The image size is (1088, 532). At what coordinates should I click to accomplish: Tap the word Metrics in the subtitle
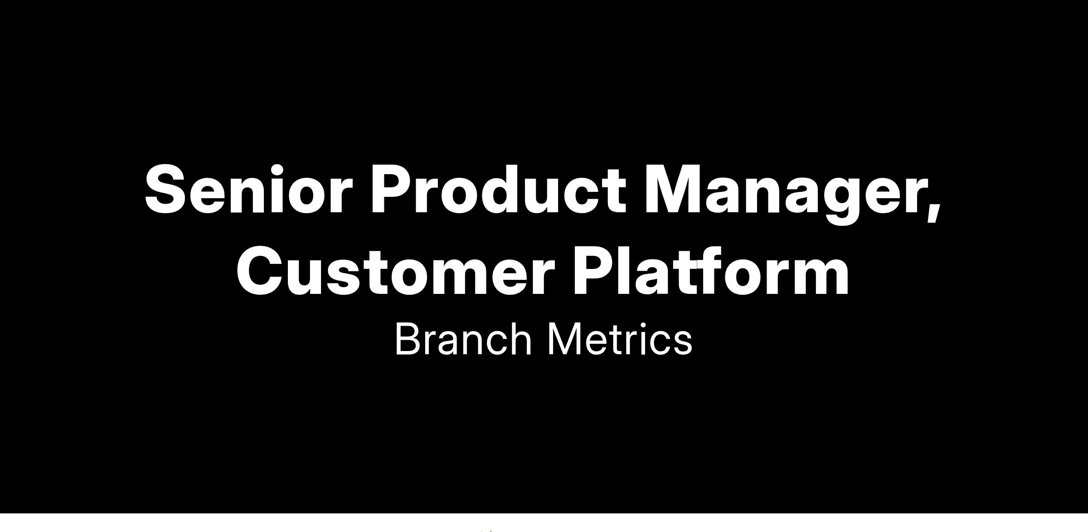tap(620, 339)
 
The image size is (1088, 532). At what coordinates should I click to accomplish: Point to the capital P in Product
tap(392, 189)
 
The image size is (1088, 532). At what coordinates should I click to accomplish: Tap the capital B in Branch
tap(407, 339)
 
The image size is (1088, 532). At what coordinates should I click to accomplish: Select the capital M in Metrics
tap(564, 339)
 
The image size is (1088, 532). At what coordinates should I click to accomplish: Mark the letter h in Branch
tap(520, 339)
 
